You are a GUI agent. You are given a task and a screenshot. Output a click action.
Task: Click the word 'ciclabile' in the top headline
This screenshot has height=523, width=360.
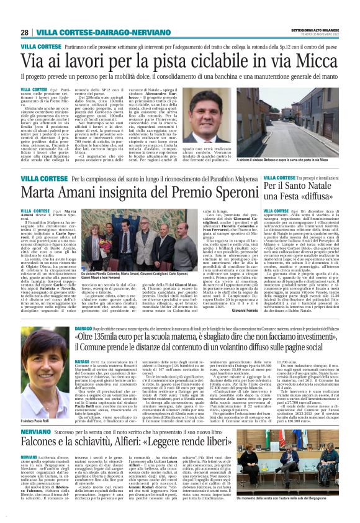207,60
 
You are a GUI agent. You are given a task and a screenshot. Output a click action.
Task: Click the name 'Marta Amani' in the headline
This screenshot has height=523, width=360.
70,192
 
